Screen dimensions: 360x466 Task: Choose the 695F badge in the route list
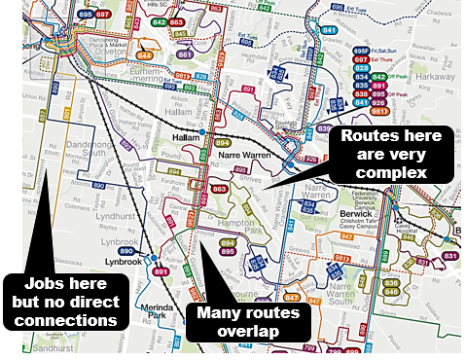click(361, 51)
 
